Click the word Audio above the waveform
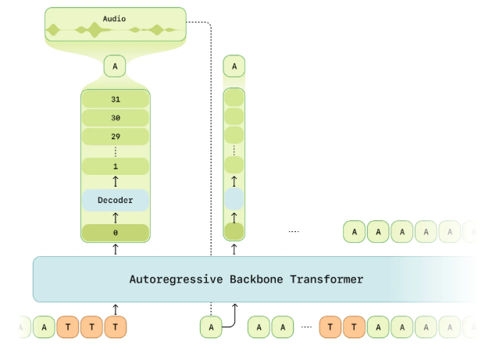pos(115,17)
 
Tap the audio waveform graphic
pos(115,30)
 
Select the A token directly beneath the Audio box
pos(115,67)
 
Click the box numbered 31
pos(115,100)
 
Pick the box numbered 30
pos(115,118)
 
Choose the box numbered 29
pos(115,137)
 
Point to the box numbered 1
pos(115,166)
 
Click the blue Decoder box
pos(115,200)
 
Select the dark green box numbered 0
pos(115,233)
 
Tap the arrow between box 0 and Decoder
pos(115,218)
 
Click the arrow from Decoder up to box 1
pos(115,182)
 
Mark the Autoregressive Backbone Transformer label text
pos(246,279)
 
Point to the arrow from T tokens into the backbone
pos(115,309)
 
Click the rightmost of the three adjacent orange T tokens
pos(115,326)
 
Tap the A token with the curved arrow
pos(210,326)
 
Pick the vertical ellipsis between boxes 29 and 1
pos(115,151)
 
